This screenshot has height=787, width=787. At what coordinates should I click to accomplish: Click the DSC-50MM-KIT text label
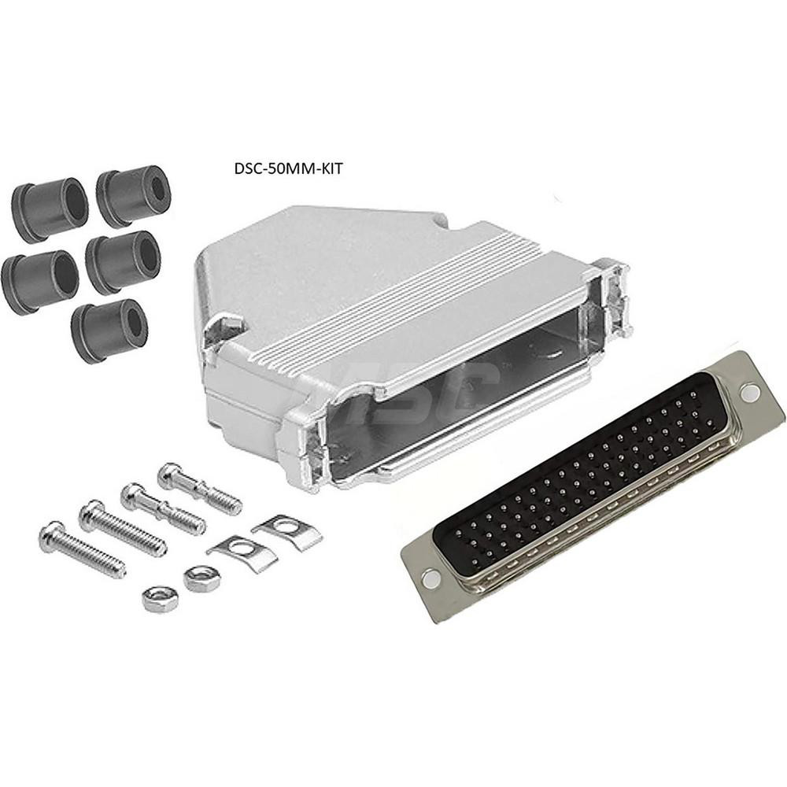pos(288,168)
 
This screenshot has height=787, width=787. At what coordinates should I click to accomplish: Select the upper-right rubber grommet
pos(134,195)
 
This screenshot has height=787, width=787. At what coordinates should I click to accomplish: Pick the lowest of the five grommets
pos(109,330)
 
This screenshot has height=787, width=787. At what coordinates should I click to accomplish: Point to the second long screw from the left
pos(122,527)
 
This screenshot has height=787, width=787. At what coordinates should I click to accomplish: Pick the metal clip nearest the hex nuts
pos(241,552)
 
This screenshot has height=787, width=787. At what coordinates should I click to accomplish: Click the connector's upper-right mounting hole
pos(750,393)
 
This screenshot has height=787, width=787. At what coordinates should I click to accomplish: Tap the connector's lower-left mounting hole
pos(430,579)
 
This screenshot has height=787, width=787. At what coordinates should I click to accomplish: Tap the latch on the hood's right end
pos(614,295)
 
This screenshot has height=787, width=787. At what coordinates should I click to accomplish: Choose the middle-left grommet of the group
pos(39,279)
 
